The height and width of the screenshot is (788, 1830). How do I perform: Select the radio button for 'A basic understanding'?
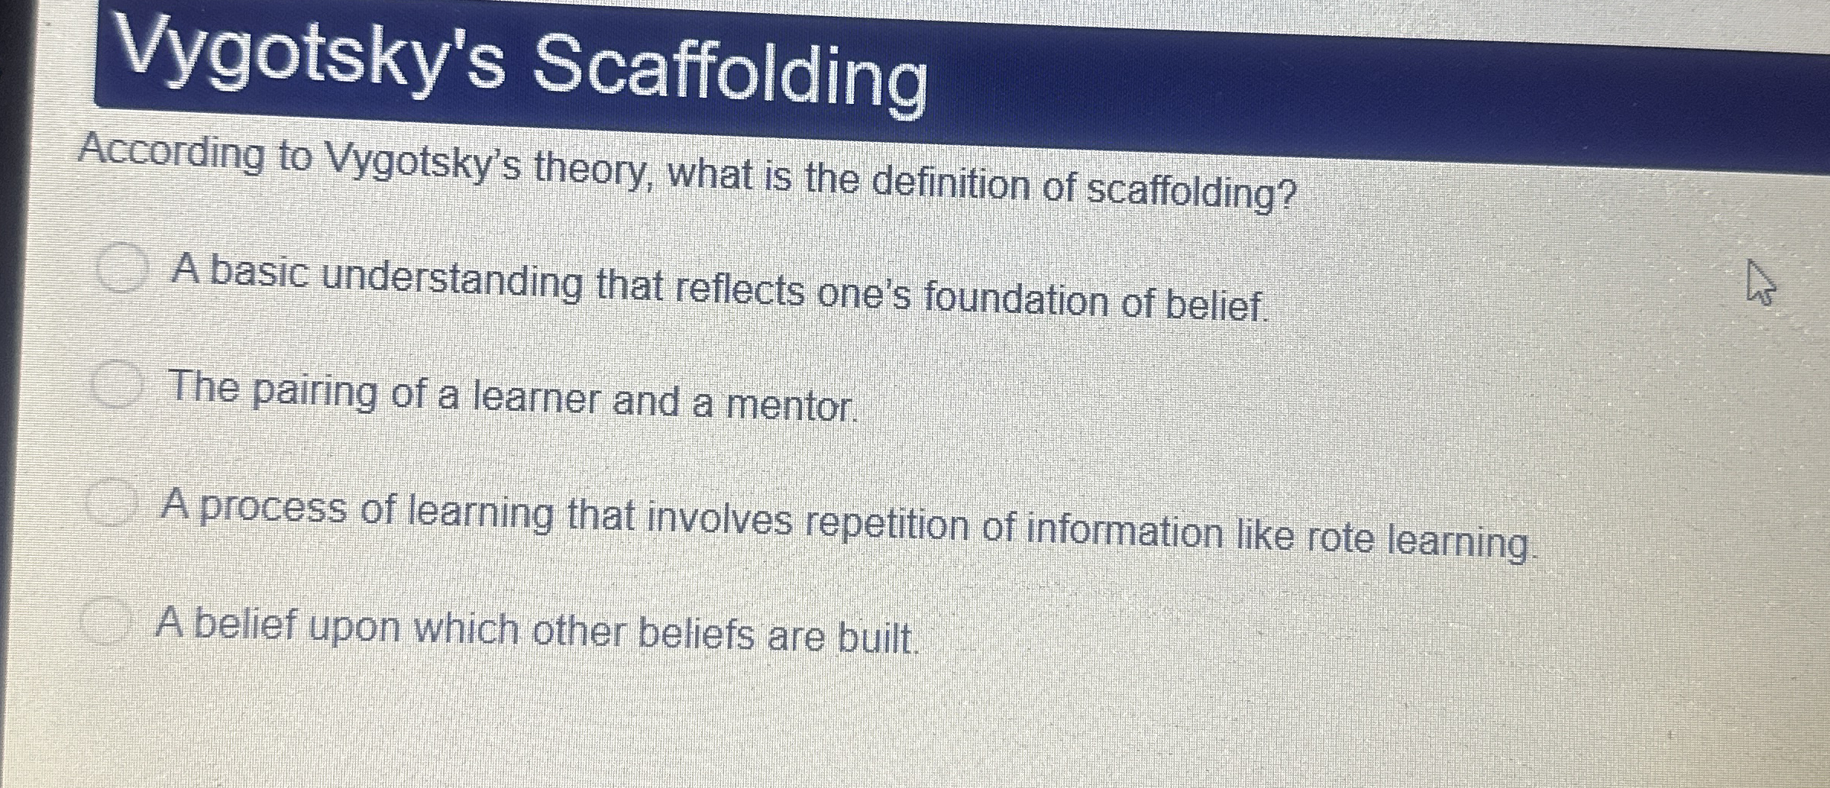coord(121,266)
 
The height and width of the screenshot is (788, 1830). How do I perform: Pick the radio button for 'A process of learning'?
coord(111,502)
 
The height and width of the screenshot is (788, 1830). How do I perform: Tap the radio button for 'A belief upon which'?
coord(105,621)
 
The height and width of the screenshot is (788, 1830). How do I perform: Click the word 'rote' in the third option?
coord(1338,538)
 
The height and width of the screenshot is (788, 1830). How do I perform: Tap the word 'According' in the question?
coord(170,153)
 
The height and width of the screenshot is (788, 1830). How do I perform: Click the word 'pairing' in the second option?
coord(314,392)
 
